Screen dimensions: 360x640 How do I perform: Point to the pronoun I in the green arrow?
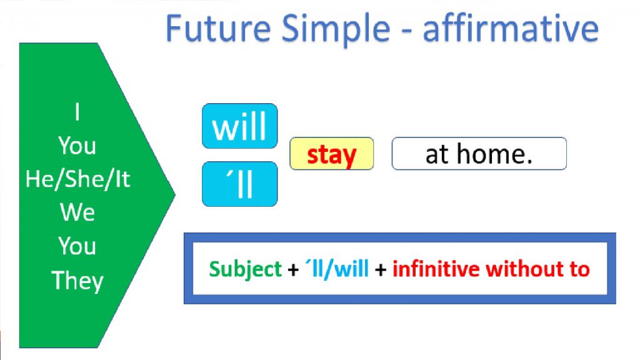pos(77,113)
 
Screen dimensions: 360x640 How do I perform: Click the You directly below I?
pos(77,146)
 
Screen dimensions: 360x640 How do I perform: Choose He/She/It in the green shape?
pos(77,179)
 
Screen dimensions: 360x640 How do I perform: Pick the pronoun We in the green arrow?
pos(77,212)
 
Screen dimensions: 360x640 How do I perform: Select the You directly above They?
pos(77,246)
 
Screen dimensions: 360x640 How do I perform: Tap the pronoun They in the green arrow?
pos(77,279)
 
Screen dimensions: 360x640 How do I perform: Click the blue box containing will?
pos(239,126)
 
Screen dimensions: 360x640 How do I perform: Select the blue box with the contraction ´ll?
pos(239,184)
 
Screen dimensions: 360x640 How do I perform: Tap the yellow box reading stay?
pos(331,154)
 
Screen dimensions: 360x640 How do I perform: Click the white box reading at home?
pos(479,154)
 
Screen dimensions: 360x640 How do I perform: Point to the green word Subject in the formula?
pos(246,269)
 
